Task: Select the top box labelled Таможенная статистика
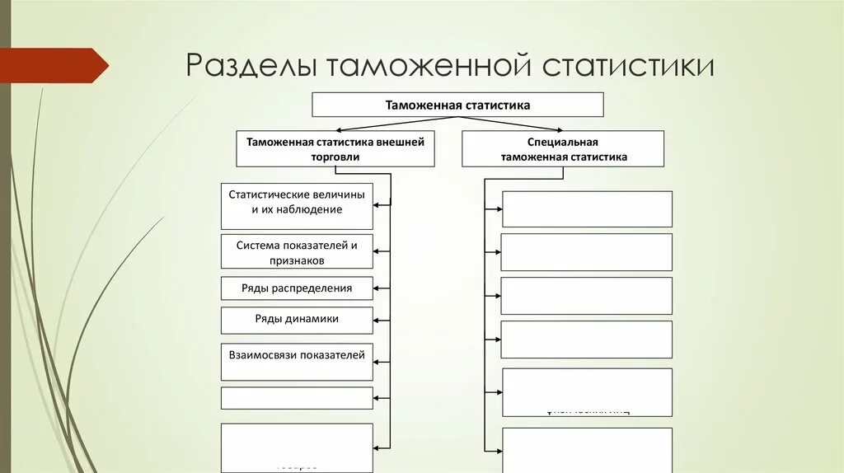[457, 105]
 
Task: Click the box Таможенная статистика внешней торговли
[335, 148]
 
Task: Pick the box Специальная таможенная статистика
[563, 149]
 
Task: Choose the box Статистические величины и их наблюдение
[297, 206]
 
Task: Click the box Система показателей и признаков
[297, 251]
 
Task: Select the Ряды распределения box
[297, 288]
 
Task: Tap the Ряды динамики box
[297, 319]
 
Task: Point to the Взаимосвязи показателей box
[297, 361]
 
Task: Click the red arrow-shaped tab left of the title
[54, 65]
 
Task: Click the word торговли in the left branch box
[335, 157]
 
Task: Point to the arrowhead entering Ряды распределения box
[377, 288]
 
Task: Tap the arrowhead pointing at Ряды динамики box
[377, 319]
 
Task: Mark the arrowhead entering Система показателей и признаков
[377, 251]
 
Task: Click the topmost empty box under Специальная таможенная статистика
[587, 208]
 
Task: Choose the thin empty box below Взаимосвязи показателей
[297, 398]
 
